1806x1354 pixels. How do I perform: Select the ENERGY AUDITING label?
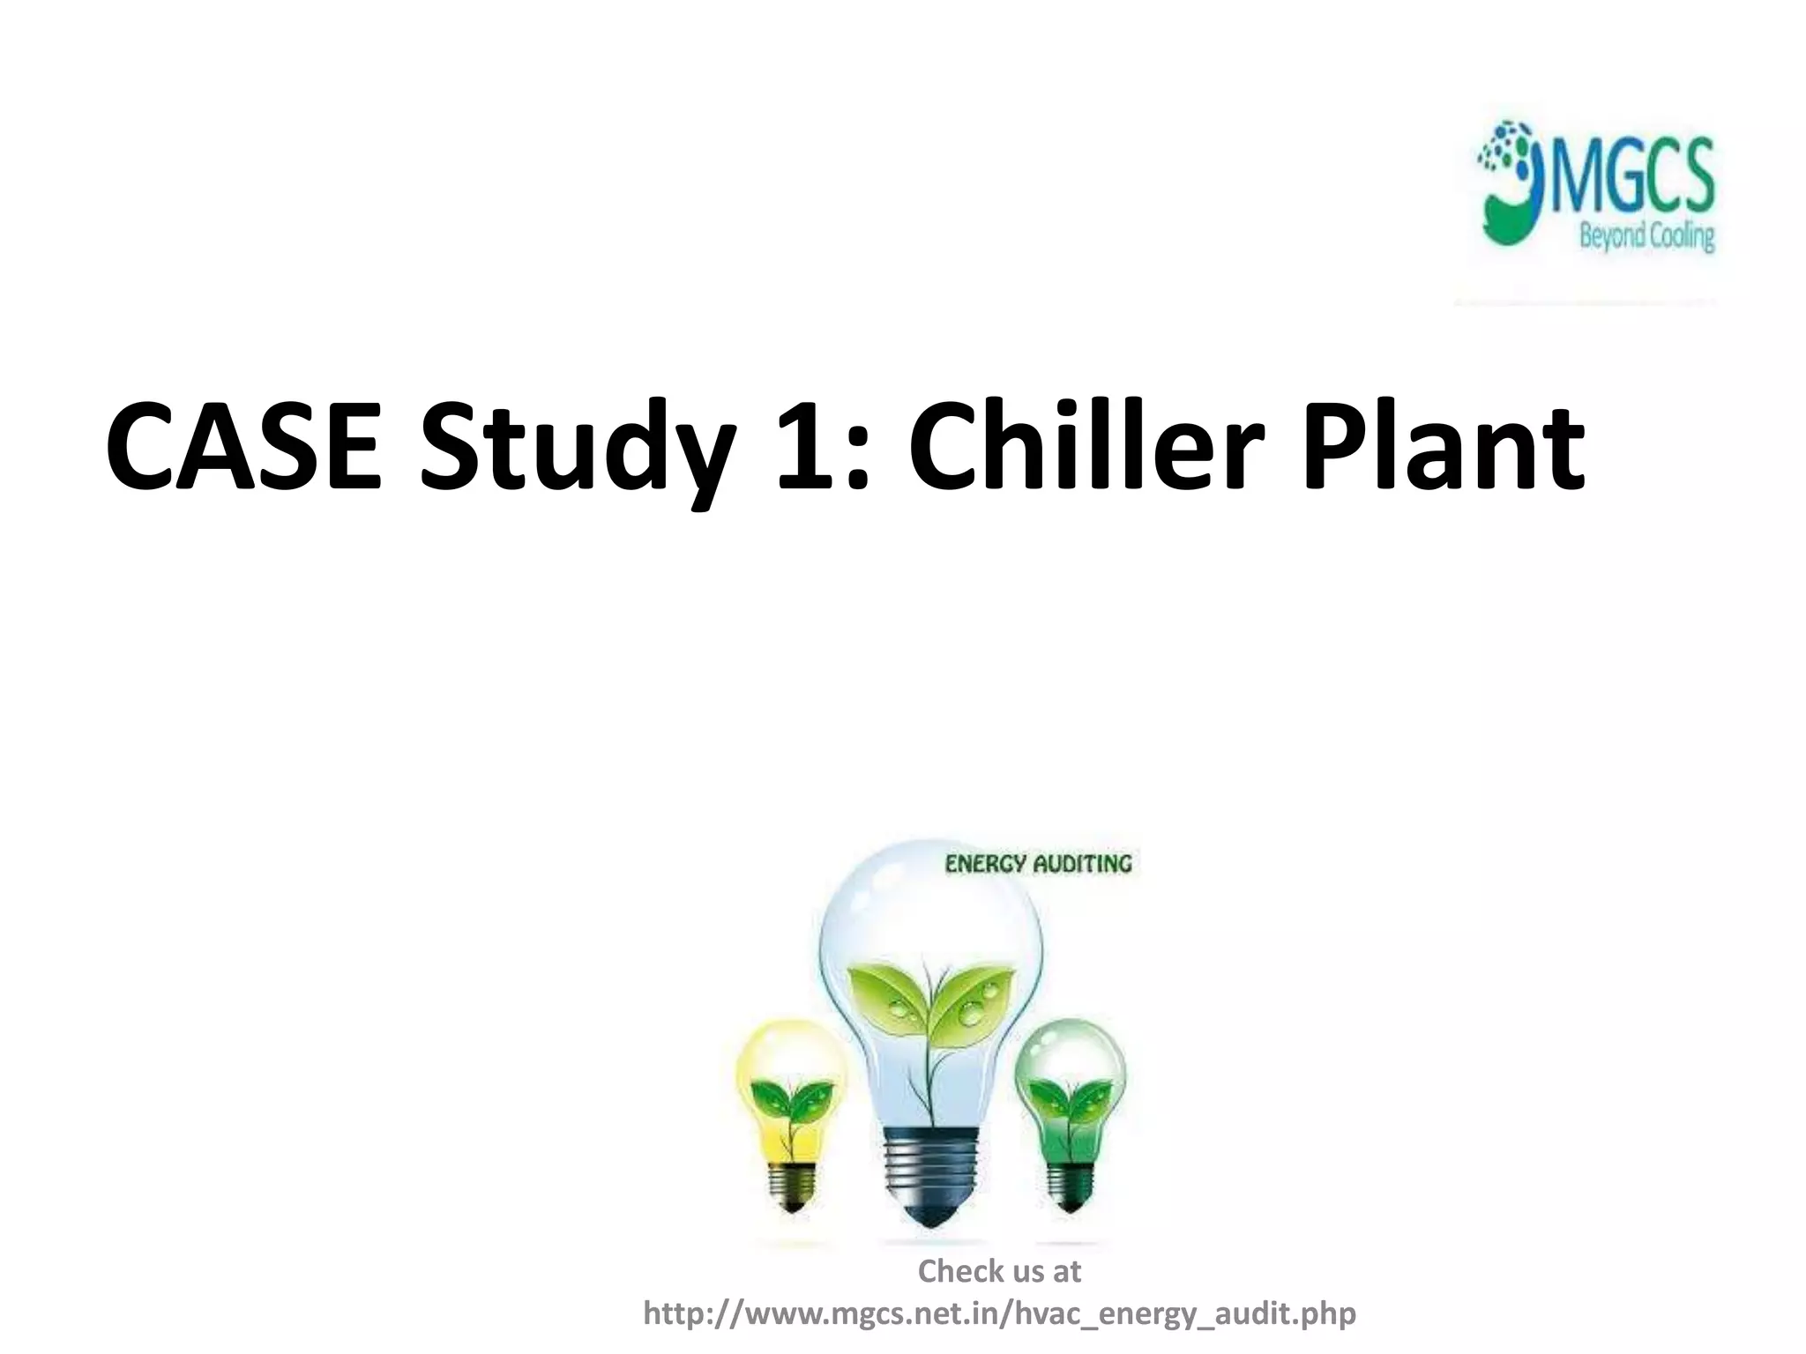[1037, 864]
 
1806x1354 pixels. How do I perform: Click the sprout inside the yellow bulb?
[790, 1102]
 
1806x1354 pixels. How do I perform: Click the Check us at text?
[999, 1271]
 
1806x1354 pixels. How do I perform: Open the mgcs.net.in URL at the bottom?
[999, 1313]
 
